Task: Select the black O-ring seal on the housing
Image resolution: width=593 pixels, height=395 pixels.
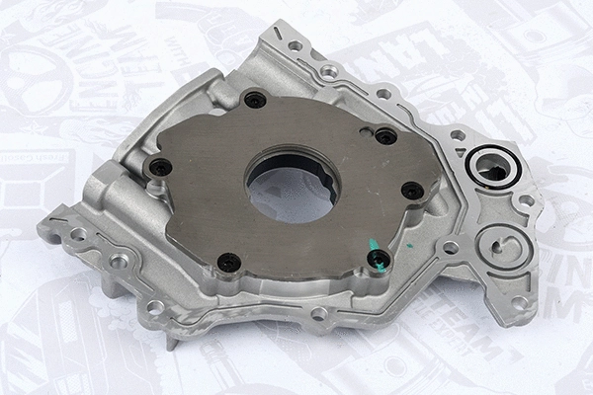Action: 490,163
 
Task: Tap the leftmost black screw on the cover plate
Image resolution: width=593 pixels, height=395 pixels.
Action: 157,166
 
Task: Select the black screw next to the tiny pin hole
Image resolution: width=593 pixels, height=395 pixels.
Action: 385,135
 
